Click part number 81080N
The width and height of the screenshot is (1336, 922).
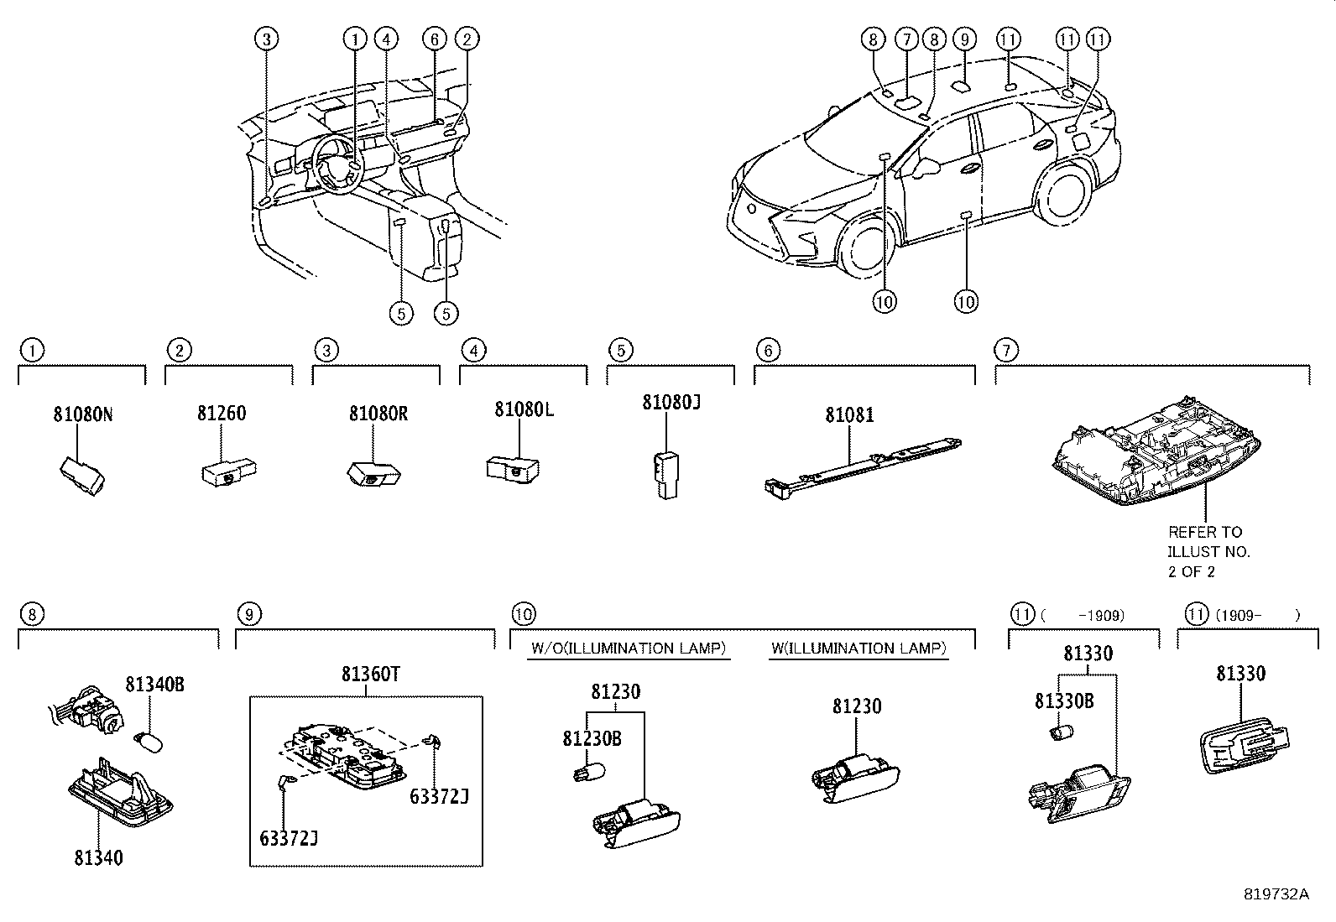tap(82, 414)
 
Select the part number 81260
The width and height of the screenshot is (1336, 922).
tap(222, 414)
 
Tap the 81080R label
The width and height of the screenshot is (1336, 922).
tap(378, 414)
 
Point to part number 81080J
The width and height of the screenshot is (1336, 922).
tap(671, 403)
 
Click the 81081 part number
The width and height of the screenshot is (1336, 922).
tap(849, 414)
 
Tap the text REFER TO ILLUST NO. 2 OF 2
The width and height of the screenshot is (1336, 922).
tap(1208, 551)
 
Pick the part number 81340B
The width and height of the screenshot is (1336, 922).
tap(154, 685)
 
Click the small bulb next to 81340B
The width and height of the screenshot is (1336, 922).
tap(149, 740)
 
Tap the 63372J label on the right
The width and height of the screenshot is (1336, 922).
tap(438, 795)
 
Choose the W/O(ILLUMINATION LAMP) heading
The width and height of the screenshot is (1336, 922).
tap(629, 649)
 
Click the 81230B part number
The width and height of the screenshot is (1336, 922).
tap(592, 738)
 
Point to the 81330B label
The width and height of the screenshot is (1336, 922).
tap(1063, 701)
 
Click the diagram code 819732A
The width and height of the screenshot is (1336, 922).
tap(1276, 894)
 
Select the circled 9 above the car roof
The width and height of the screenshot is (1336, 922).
tap(964, 39)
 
